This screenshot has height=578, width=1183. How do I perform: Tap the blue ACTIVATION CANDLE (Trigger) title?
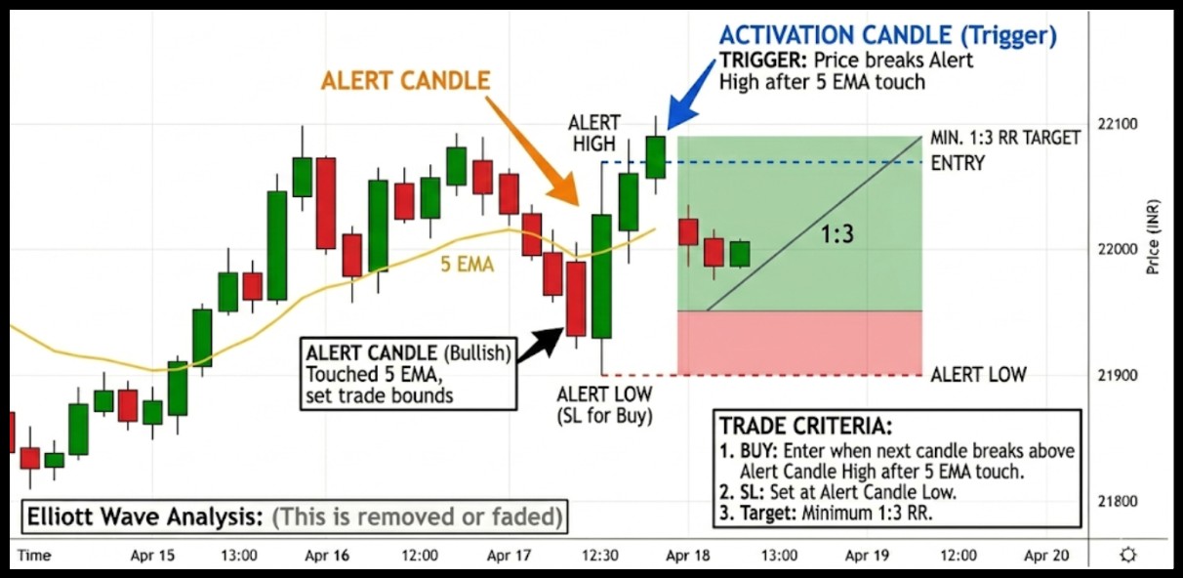(x=887, y=37)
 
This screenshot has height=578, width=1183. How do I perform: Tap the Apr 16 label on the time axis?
(x=328, y=556)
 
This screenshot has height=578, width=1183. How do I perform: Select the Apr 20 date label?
(x=1045, y=556)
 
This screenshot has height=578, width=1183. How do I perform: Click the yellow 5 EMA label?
(x=468, y=264)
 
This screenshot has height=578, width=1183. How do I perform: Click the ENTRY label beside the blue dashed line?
(x=958, y=163)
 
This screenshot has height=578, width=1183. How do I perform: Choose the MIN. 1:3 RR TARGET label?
(x=1005, y=138)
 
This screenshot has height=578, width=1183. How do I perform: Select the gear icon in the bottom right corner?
(x=1128, y=556)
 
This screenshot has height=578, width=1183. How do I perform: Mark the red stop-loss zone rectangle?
(x=799, y=343)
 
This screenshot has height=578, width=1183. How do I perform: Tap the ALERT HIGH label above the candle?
(x=594, y=133)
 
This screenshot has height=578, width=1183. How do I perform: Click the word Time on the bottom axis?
(x=34, y=556)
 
